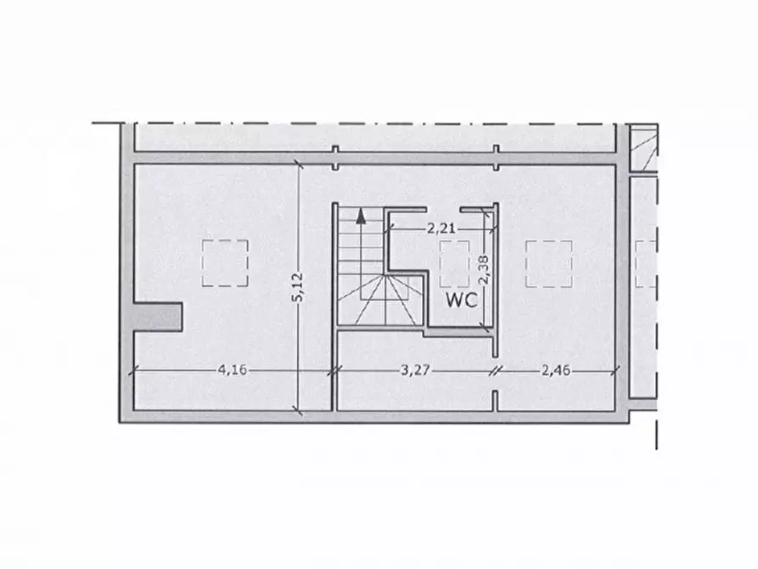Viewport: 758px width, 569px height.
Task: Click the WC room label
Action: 462,300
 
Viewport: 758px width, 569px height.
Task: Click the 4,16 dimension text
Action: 232,370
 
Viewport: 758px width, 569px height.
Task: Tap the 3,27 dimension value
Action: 415,370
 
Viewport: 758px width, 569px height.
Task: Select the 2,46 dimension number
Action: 556,370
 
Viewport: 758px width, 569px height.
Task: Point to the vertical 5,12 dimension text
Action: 298,287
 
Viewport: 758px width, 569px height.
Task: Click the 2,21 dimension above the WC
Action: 441,228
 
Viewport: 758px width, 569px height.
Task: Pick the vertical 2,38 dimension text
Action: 484,269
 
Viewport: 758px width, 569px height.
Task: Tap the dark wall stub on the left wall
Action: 158,317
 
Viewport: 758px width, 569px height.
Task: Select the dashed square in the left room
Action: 225,263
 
